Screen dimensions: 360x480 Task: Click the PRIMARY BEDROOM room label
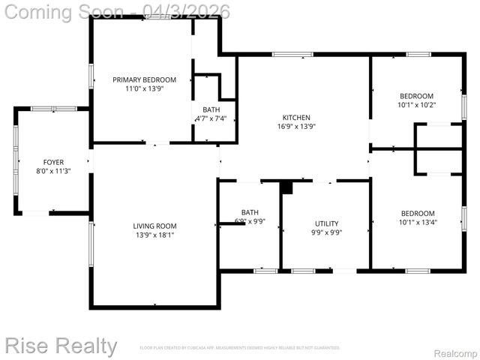(x=144, y=79)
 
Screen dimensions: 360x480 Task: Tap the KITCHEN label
(x=295, y=118)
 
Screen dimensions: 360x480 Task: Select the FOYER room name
(x=53, y=162)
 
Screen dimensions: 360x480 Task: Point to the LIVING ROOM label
(x=154, y=226)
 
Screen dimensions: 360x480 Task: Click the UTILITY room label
(x=326, y=223)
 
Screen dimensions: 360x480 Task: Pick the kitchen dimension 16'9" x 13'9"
(x=295, y=127)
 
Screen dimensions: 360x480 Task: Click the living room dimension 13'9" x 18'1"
(x=154, y=235)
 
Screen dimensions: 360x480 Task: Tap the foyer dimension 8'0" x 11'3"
(x=53, y=171)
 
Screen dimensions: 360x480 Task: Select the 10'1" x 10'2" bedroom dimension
(x=416, y=105)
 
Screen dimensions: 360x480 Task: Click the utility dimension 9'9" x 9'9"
(x=326, y=232)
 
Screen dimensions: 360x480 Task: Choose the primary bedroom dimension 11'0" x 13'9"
(x=144, y=88)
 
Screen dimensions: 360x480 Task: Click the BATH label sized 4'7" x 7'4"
(x=211, y=109)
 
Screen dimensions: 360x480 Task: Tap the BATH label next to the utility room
(x=249, y=212)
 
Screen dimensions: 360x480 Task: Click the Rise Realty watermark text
(x=60, y=346)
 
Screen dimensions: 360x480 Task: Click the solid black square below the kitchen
(x=285, y=187)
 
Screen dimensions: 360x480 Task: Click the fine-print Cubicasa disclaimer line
(x=240, y=348)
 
